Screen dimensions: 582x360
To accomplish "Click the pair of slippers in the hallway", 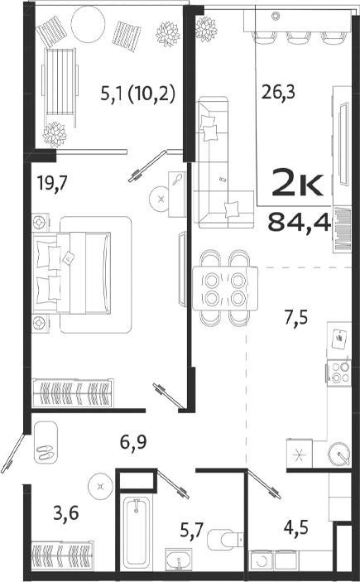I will click(x=46, y=453).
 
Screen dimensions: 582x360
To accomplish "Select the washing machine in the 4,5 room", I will click(x=263, y=560).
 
